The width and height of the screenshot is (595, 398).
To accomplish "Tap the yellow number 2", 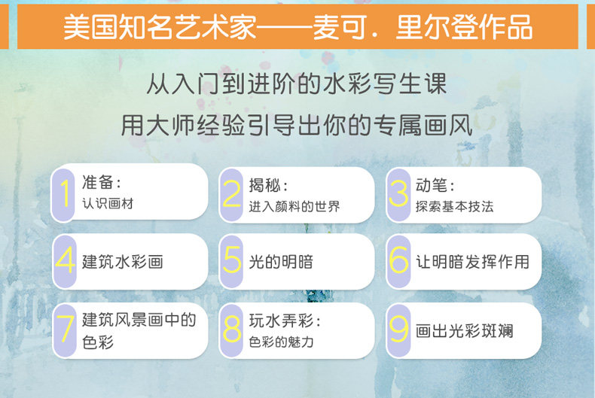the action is click(x=232, y=193).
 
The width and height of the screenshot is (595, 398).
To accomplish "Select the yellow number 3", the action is click(x=398, y=193).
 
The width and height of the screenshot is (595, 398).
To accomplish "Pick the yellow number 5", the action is click(x=232, y=260).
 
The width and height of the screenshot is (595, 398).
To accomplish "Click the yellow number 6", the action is click(x=399, y=260).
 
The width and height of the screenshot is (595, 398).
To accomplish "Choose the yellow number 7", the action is click(x=65, y=329).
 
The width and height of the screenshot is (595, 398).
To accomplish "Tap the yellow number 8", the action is click(x=232, y=329).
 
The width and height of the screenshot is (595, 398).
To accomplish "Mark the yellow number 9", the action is click(x=399, y=329).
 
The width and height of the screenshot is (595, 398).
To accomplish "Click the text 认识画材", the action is click(x=108, y=204).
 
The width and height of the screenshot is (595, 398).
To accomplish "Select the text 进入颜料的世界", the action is click(x=294, y=207).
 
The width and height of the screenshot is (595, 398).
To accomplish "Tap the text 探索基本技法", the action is click(x=455, y=207).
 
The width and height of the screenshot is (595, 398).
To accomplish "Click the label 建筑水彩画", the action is click(x=123, y=262).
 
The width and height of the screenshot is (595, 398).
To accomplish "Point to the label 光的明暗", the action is click(x=281, y=262).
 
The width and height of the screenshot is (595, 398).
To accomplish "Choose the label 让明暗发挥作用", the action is click(x=472, y=262).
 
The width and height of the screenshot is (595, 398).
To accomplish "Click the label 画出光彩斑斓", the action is click(x=465, y=331).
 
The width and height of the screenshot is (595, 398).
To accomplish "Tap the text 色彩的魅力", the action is click(x=281, y=342).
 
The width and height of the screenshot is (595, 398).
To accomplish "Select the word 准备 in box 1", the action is click(x=97, y=182).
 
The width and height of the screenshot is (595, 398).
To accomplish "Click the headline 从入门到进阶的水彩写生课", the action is click(x=296, y=84).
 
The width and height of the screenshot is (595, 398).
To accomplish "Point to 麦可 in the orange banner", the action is click(x=340, y=27).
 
